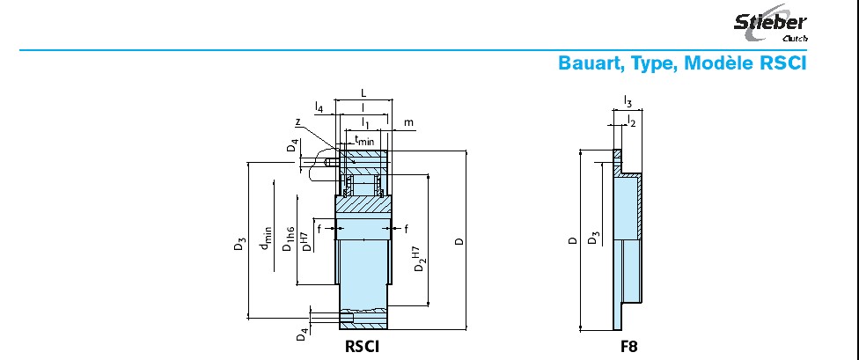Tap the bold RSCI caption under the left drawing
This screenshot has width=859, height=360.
tap(362, 346)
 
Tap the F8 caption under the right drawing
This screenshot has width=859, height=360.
tap(629, 346)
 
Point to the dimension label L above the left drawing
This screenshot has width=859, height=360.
tap(363, 93)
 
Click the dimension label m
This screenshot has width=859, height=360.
tap(408, 122)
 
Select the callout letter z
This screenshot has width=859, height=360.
tap(297, 122)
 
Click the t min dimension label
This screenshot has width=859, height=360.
tap(364, 140)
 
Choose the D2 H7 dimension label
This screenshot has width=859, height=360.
tap(419, 259)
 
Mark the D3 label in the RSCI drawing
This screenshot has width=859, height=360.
tap(239, 243)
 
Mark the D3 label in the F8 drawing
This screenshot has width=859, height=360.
tap(592, 239)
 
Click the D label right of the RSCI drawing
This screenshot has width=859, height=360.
tap(460, 240)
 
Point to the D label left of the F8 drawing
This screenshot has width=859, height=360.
tap(572, 240)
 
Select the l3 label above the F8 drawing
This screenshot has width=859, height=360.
tap(628, 100)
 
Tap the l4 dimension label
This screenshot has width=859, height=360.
tap(319, 107)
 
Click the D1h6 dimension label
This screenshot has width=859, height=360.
tap(288, 239)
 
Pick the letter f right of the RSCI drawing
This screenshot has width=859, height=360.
tap(406, 229)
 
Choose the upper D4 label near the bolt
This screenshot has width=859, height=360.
tap(294, 145)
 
